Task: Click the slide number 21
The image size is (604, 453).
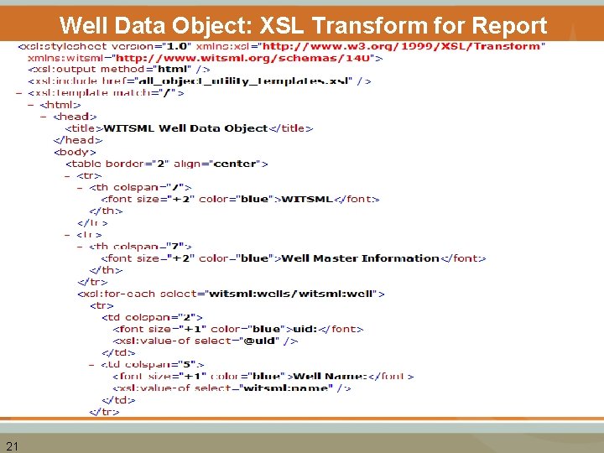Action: tap(12, 445)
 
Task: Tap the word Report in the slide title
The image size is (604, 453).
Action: tap(506, 25)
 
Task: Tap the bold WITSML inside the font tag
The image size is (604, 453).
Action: tap(307, 199)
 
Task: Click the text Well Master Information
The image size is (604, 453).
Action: tap(360, 258)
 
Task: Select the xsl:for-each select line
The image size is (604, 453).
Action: tap(231, 294)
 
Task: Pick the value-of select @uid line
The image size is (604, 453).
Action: tap(205, 341)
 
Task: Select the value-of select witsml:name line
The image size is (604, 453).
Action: tap(232, 388)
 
